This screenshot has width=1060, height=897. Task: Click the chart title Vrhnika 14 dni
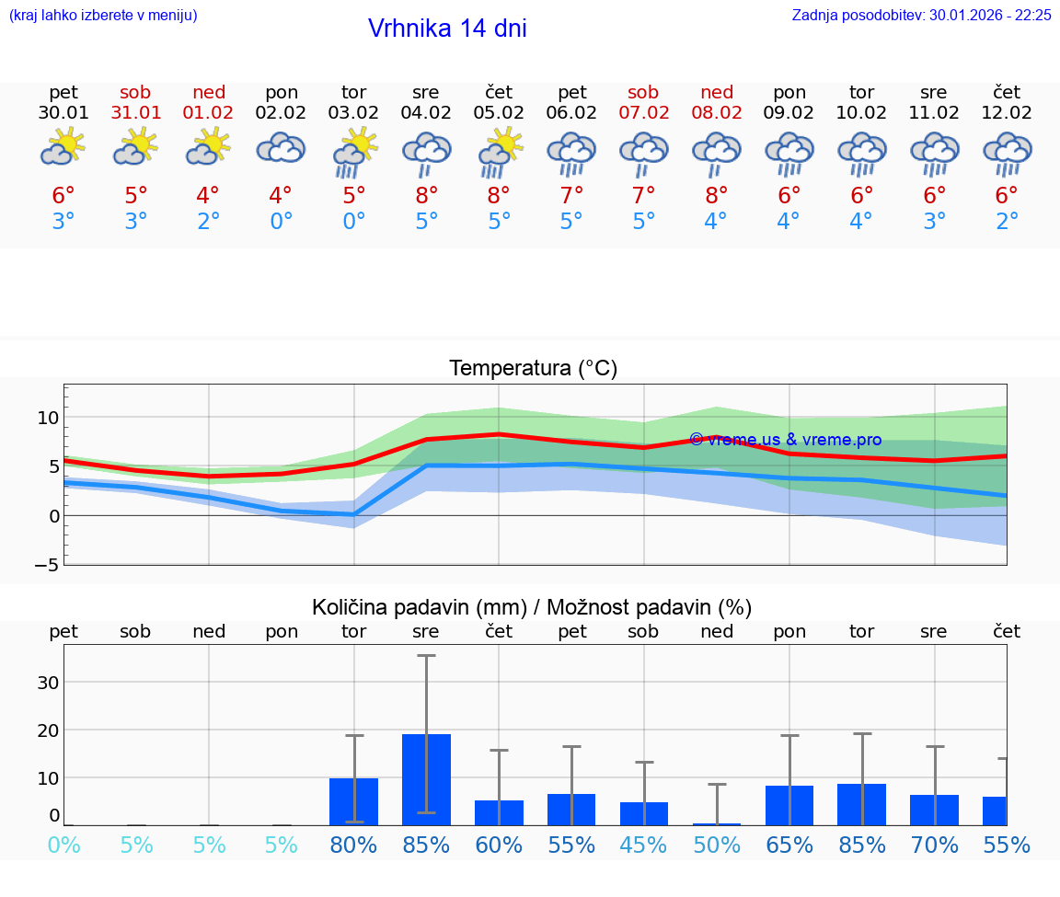(447, 29)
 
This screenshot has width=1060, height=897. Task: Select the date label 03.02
(353, 113)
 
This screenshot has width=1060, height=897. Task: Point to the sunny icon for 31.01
(135, 147)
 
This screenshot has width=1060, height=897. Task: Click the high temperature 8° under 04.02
(426, 195)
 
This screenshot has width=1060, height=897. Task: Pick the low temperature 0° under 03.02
(353, 222)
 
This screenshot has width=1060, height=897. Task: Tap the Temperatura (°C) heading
(533, 369)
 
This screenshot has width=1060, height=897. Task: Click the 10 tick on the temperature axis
(48, 418)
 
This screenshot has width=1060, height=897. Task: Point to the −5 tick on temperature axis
(46, 564)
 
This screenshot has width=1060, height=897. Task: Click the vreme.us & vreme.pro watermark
(785, 440)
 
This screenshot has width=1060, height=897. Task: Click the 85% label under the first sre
(426, 845)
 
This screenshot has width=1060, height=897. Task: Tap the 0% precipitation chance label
(63, 845)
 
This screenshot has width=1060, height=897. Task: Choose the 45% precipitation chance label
(643, 845)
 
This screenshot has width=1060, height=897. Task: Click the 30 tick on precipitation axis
(48, 683)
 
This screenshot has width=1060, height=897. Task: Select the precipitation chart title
(532, 607)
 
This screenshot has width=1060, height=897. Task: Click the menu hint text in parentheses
(103, 16)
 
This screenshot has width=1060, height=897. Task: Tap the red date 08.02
(716, 113)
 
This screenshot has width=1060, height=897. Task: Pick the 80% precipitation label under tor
(353, 845)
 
